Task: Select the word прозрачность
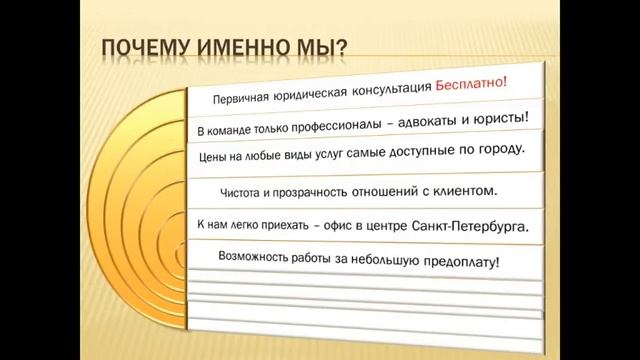click(313, 190)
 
